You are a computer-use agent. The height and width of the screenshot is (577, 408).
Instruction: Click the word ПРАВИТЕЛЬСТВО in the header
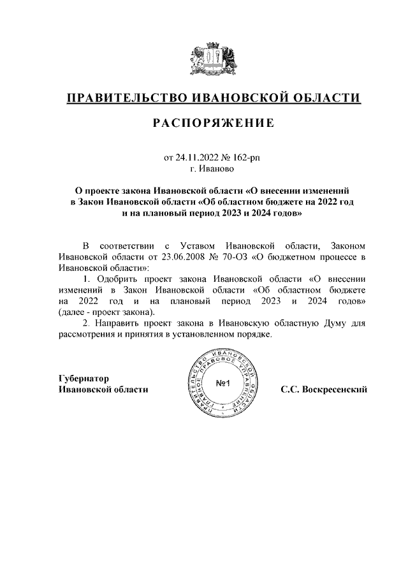126,98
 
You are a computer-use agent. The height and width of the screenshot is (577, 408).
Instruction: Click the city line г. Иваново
212,169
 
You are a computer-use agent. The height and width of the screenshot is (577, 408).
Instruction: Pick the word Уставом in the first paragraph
202,245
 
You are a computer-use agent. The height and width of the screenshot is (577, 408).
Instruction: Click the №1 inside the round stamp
223,384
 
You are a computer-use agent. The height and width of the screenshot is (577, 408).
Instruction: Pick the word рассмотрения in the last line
86,336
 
